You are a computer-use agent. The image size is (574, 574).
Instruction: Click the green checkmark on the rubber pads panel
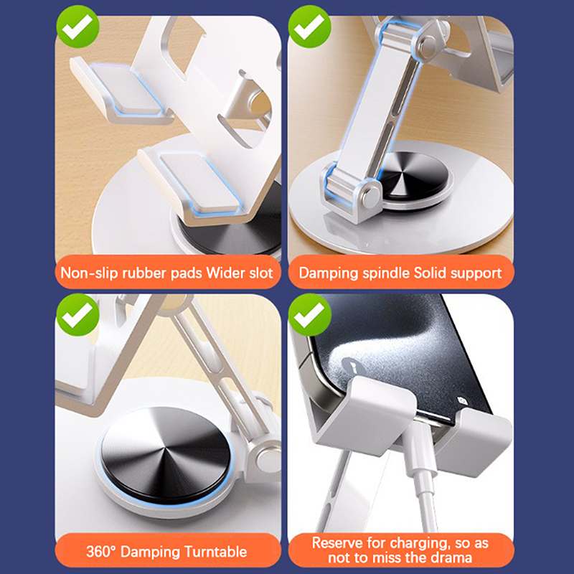click(x=77, y=27)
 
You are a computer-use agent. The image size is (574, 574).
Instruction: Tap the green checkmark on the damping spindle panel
click(x=309, y=27)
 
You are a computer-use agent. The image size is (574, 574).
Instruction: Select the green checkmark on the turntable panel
click(x=77, y=314)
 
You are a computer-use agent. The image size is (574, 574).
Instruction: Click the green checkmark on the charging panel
click(x=309, y=314)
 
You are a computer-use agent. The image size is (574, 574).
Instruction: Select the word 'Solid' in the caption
click(x=430, y=273)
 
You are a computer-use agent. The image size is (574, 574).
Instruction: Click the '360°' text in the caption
click(x=100, y=552)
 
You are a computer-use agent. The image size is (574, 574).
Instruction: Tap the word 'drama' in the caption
click(x=451, y=557)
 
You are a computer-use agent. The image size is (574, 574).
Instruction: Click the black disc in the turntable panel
click(x=165, y=456)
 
